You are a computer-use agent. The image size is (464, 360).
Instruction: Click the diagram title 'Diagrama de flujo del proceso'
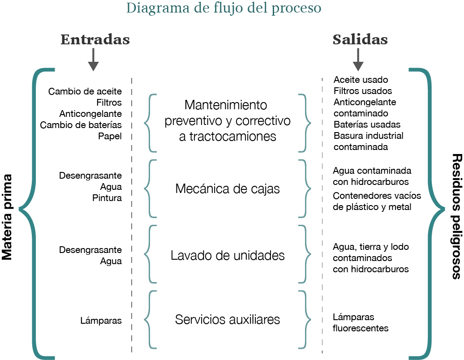click(x=223, y=9)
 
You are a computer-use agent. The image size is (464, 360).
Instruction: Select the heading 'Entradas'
click(x=95, y=39)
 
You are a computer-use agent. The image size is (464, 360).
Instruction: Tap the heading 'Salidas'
click(x=360, y=39)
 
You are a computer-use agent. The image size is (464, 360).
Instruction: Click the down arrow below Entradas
click(x=93, y=60)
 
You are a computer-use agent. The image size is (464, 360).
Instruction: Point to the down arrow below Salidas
click(x=358, y=60)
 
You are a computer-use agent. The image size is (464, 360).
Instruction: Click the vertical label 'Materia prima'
click(x=7, y=210)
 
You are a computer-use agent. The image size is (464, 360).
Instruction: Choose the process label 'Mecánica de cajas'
click(x=228, y=189)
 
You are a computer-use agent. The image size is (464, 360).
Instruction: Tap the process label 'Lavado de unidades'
click(x=228, y=255)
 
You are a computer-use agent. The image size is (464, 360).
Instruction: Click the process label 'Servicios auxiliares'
click(x=228, y=320)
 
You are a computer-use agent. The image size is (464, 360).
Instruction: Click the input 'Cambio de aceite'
click(x=85, y=91)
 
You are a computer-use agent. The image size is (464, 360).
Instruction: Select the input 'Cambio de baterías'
click(x=81, y=125)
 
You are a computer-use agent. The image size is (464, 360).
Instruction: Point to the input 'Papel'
click(x=110, y=136)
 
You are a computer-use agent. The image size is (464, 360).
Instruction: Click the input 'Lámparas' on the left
click(x=101, y=320)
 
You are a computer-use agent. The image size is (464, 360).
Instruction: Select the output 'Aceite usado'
click(x=361, y=80)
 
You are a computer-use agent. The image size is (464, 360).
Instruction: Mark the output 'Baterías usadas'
click(x=367, y=124)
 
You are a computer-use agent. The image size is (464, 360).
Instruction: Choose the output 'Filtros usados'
click(x=362, y=91)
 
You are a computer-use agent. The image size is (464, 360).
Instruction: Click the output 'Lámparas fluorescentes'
click(x=360, y=322)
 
